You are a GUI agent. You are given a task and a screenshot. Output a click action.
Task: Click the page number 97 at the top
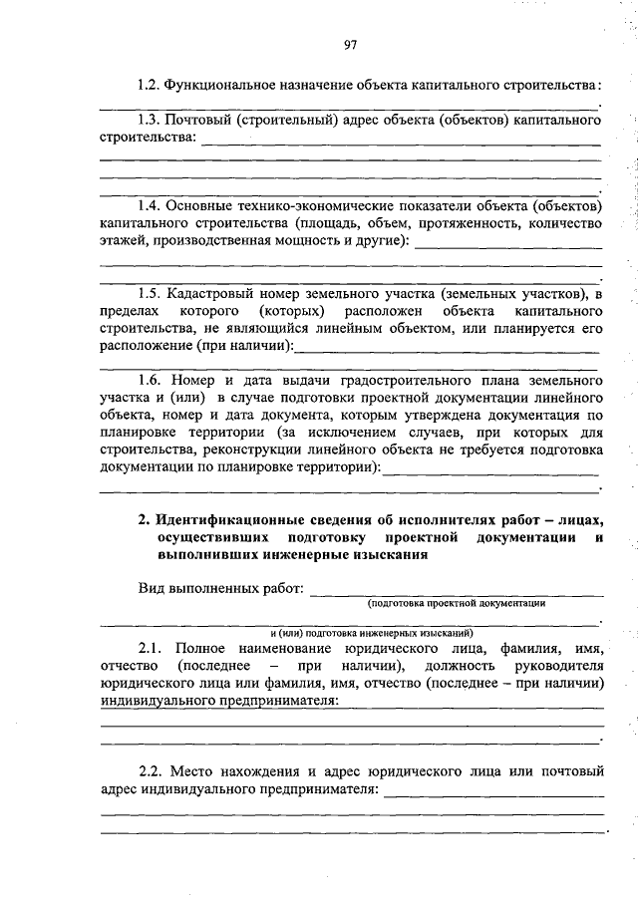pyautogui.click(x=350, y=44)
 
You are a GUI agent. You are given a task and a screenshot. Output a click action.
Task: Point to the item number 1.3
pyautogui.click(x=151, y=121)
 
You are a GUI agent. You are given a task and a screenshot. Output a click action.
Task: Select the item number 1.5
pyautogui.click(x=151, y=294)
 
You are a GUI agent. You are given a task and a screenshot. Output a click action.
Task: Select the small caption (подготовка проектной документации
pyautogui.click(x=456, y=603)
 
